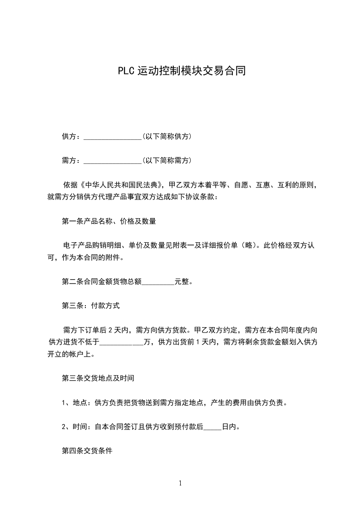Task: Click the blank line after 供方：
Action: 113,137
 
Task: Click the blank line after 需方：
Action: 113,161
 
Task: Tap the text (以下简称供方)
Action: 167,136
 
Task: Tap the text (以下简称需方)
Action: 167,160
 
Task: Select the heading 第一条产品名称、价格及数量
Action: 109,222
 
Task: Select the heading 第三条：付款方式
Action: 91,306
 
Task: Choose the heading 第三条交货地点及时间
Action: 98,378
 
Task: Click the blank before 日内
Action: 213,427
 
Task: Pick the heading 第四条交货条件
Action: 87,451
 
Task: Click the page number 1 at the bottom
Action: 180,483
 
